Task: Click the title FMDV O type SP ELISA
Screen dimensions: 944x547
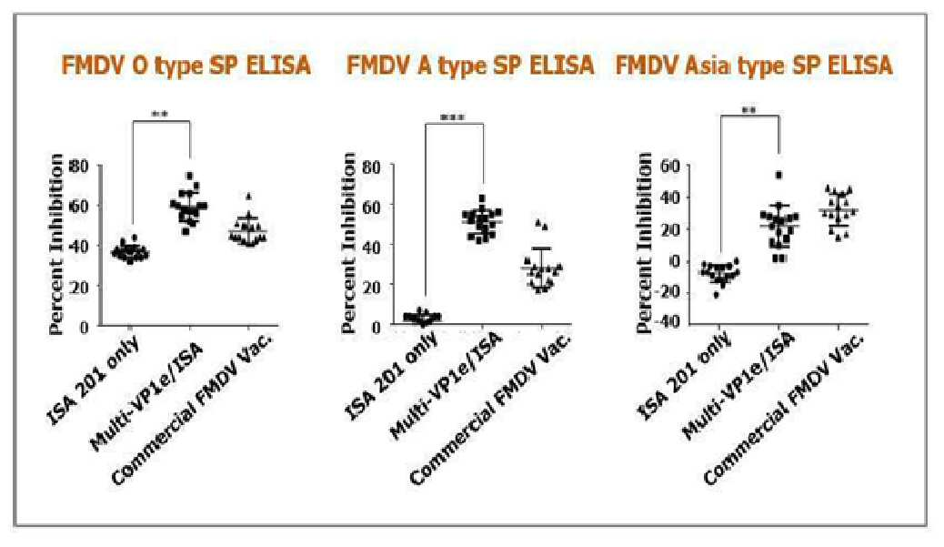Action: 186,65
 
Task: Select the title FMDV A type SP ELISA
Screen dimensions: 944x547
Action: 470,65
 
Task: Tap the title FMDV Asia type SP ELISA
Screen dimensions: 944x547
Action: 754,65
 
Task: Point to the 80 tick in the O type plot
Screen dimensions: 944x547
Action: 79,166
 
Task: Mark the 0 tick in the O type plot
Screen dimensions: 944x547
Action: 84,327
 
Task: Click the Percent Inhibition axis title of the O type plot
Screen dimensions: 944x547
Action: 56,243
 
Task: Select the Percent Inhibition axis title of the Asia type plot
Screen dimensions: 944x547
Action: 644,242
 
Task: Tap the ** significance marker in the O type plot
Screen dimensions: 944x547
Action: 160,114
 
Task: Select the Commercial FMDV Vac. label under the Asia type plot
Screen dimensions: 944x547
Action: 784,408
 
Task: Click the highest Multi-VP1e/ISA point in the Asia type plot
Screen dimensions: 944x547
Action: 779,176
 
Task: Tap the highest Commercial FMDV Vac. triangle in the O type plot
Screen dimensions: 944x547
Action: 248,196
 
